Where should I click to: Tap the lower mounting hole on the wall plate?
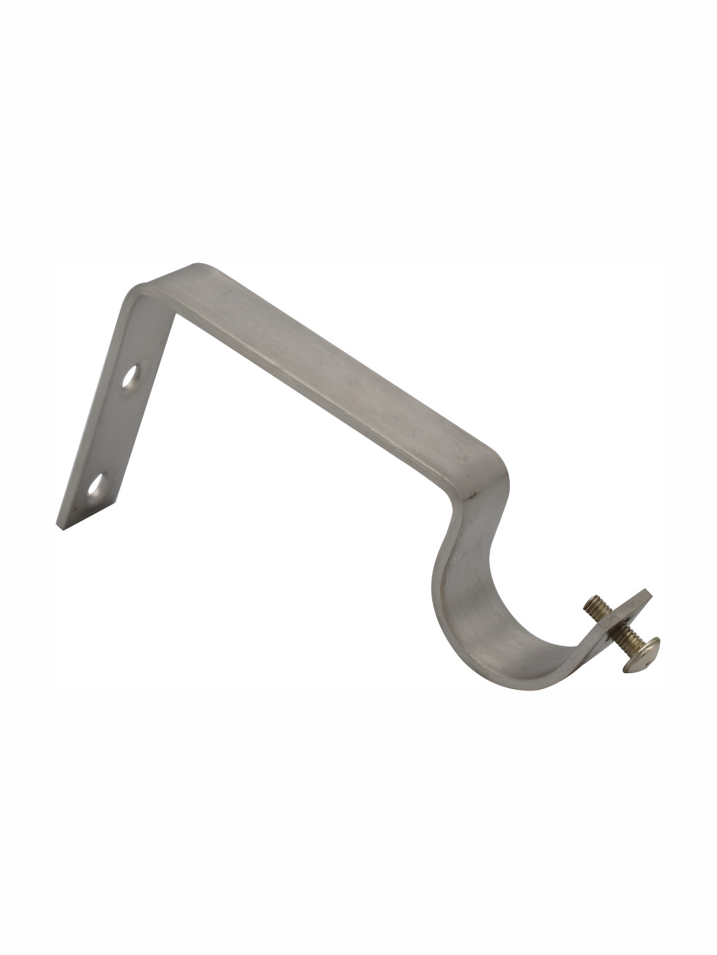pos(98,486)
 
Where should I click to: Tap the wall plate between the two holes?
pos(116,431)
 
